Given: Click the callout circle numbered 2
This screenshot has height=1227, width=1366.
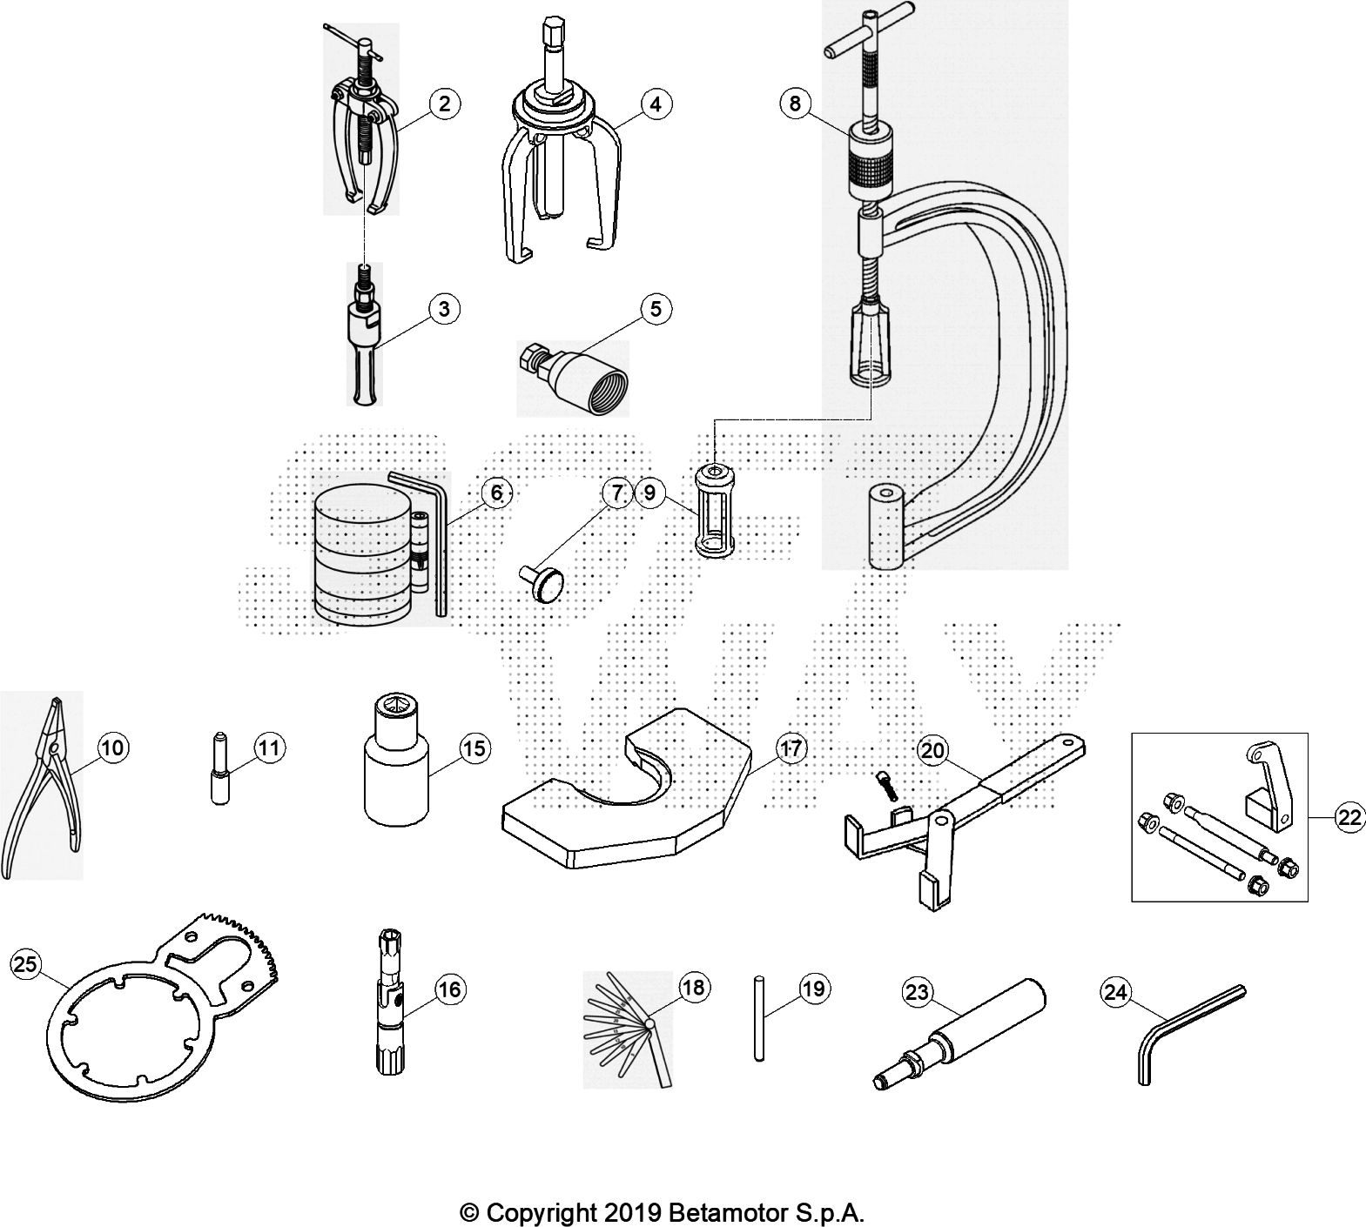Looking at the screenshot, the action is pos(444,104).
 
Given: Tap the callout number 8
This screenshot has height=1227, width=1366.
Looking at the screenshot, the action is pos(795,104).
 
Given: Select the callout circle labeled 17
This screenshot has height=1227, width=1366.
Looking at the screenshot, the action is pos(790,748).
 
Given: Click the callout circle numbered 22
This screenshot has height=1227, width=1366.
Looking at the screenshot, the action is pos(1349,817).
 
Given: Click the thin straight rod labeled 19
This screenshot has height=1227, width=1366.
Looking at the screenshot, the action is pos(758,1019).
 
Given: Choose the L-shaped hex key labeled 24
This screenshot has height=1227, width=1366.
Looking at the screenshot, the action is pos(1192,1033).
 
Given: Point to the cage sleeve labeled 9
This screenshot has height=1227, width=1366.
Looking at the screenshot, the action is pos(713,510).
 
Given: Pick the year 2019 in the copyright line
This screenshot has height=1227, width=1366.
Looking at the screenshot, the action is pos(632,1211).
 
